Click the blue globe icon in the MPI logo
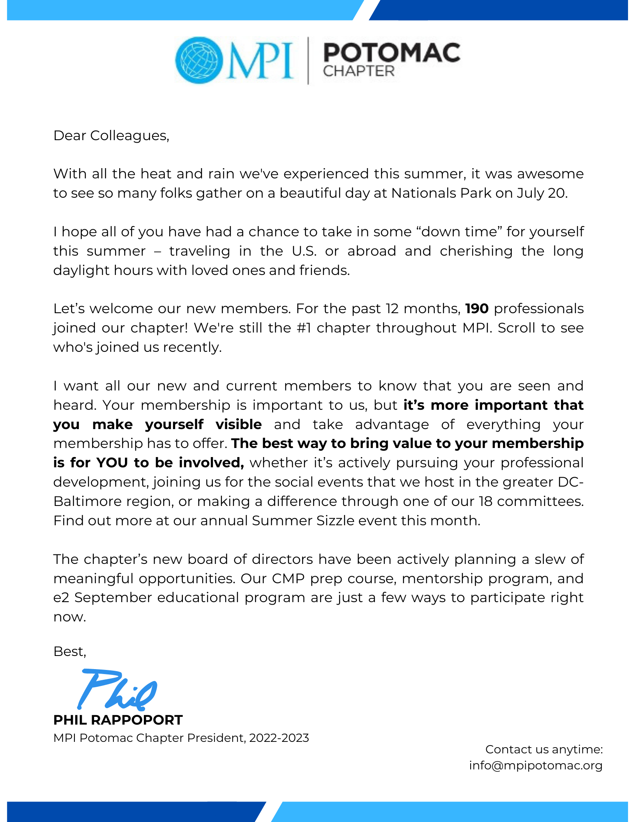[x=199, y=60]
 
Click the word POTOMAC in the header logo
[x=391, y=53]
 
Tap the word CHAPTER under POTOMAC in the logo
[x=358, y=72]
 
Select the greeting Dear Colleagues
[x=111, y=136]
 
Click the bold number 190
[x=477, y=309]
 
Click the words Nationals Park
[x=441, y=193]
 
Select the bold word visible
[x=238, y=424]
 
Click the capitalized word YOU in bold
[x=112, y=463]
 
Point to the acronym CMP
[x=288, y=579]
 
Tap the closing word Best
[x=69, y=651]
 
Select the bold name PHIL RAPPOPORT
[x=118, y=720]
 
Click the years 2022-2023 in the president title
[x=279, y=738]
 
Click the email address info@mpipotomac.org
[x=536, y=765]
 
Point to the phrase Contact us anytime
[x=544, y=749]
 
